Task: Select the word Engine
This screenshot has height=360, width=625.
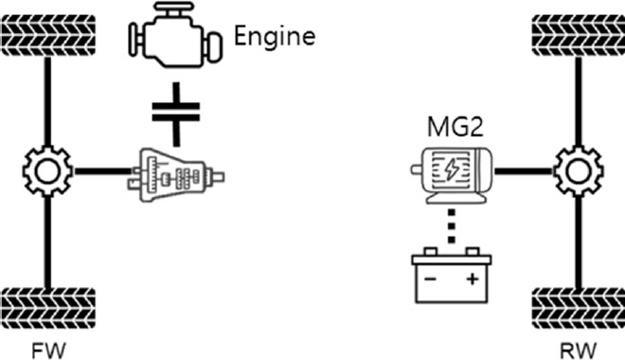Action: click(x=274, y=37)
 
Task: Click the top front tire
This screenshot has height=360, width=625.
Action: click(x=47, y=35)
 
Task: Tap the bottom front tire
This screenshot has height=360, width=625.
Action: click(x=47, y=305)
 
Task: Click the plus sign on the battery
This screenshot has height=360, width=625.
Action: click(x=470, y=281)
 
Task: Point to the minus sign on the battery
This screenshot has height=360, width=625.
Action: click(x=431, y=281)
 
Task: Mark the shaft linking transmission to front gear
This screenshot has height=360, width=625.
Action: click(x=99, y=172)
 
